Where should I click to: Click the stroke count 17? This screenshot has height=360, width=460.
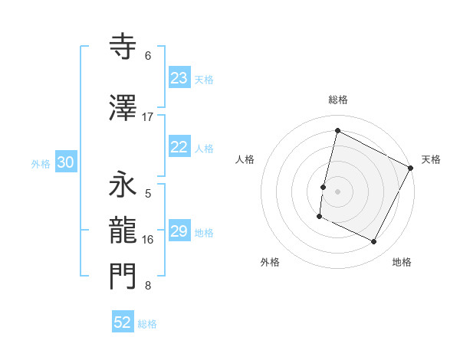tap(148, 117)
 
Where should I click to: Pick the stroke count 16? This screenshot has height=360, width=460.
tap(148, 240)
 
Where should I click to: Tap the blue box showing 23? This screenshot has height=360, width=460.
tap(179, 78)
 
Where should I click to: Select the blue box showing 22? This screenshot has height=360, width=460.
tap(179, 148)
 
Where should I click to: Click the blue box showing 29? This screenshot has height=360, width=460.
tap(179, 232)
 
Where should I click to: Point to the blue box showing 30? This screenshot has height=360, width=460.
tap(65, 162)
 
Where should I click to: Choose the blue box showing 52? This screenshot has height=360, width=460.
tap(123, 323)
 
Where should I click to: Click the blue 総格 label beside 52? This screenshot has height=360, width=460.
tap(147, 325)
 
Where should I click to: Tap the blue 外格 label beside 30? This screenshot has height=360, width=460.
tap(41, 163)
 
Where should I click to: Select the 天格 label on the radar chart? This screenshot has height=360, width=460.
tap(431, 159)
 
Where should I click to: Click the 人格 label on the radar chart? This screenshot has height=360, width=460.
tap(245, 159)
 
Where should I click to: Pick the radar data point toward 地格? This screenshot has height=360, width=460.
tap(374, 242)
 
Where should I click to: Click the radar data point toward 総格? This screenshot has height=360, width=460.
tap(337, 130)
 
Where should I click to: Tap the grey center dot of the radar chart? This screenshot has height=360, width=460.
tap(337, 191)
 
